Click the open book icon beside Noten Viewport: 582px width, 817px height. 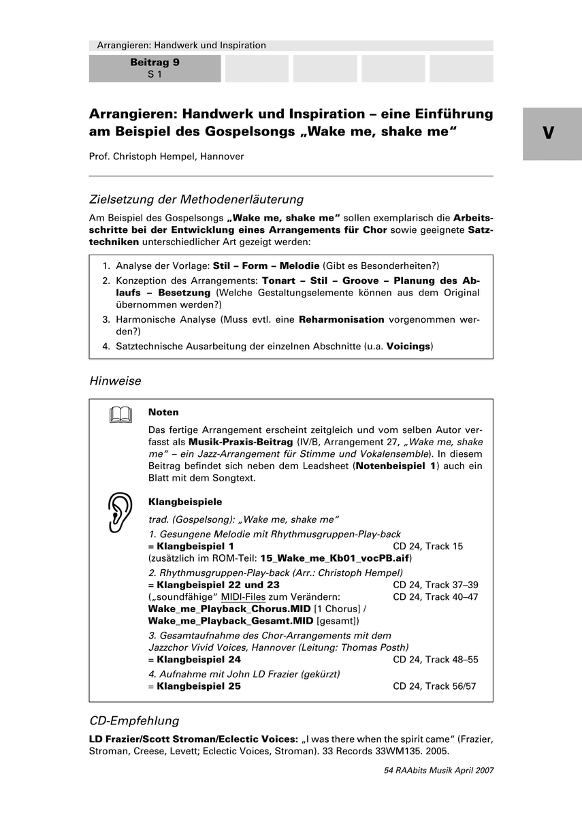120,415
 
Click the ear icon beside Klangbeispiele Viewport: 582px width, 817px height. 120,512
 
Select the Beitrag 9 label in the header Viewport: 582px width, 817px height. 155,63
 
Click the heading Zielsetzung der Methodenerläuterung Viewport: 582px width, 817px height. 196,199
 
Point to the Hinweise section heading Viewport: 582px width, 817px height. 115,381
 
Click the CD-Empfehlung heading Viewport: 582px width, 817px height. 134,720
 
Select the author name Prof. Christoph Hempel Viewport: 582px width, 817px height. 166,157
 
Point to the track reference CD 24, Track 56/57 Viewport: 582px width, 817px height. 434,686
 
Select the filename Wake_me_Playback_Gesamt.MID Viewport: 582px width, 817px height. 231,621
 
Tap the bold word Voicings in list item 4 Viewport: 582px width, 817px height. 408,346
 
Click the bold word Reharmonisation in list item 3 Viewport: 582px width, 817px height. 342,319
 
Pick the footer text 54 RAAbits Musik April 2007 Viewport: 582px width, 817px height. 438,770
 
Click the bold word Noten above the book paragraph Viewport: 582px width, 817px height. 163,413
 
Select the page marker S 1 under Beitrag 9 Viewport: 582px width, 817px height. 155,74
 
